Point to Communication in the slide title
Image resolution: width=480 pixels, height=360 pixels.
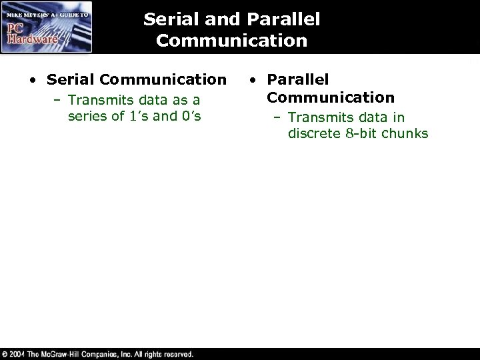click(x=232, y=41)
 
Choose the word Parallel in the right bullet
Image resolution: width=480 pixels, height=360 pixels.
click(x=297, y=80)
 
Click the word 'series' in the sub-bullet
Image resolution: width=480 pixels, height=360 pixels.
click(x=87, y=117)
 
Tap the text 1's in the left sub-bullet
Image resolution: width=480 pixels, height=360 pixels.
click(x=137, y=117)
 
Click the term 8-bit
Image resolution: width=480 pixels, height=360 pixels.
click(x=363, y=134)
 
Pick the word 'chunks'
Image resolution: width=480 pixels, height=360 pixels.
click(x=406, y=134)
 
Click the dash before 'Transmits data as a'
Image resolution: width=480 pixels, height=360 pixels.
click(x=57, y=100)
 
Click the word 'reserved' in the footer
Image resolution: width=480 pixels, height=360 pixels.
click(x=173, y=354)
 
